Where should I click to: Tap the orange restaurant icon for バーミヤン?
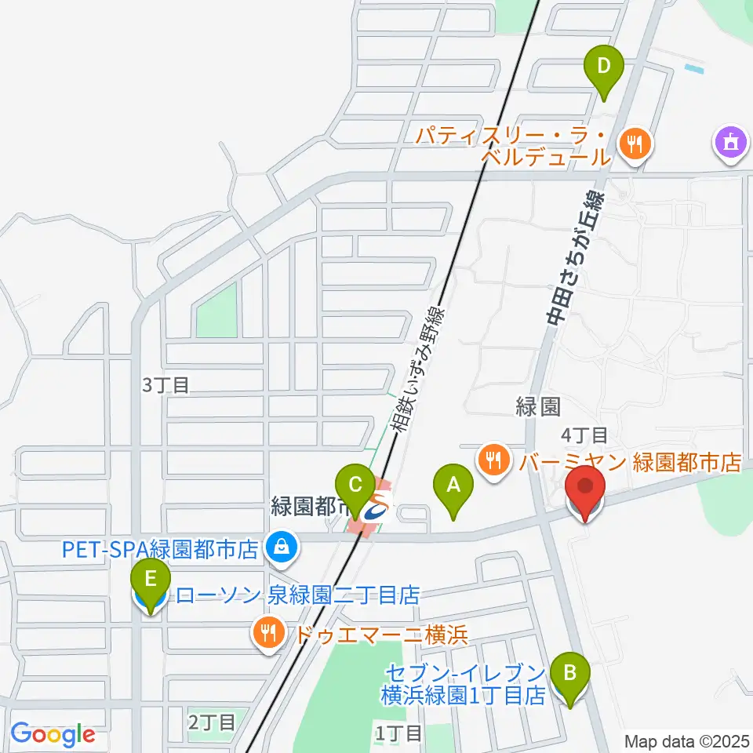pyautogui.click(x=493, y=460)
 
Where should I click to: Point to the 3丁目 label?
pyautogui.click(x=166, y=385)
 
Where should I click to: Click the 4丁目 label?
pyautogui.click(x=584, y=434)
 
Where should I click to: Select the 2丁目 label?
pyautogui.click(x=211, y=721)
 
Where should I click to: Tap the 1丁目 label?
pyautogui.click(x=399, y=733)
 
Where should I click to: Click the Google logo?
pyautogui.click(x=53, y=734)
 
